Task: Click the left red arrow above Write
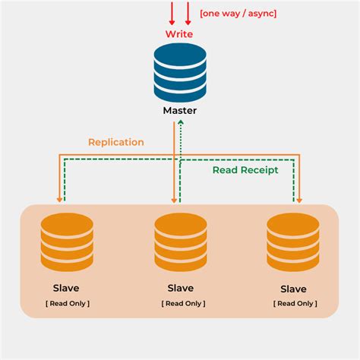[172, 13]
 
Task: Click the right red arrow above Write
[188, 13]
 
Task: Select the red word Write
[180, 34]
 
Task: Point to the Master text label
[180, 111]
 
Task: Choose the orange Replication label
[115, 142]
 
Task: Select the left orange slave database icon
[67, 242]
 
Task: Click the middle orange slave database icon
[180, 242]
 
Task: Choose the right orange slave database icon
[293, 242]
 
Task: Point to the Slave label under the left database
[66, 288]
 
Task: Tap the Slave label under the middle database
[180, 288]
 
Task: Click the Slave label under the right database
[293, 289]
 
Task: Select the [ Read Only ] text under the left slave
[67, 303]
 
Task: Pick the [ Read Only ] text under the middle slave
[180, 303]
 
